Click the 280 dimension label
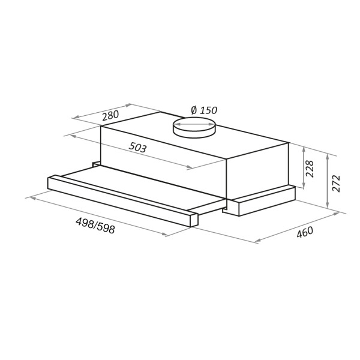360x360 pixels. coord(110,115)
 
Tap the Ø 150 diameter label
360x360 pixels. coord(204,110)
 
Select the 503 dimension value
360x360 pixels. coord(137,147)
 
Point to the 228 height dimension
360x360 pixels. coord(310,169)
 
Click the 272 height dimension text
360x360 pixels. coord(336,184)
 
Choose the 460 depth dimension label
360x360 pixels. coord(305,232)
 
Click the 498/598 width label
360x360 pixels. coord(95,226)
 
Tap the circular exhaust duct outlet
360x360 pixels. coord(194,127)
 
